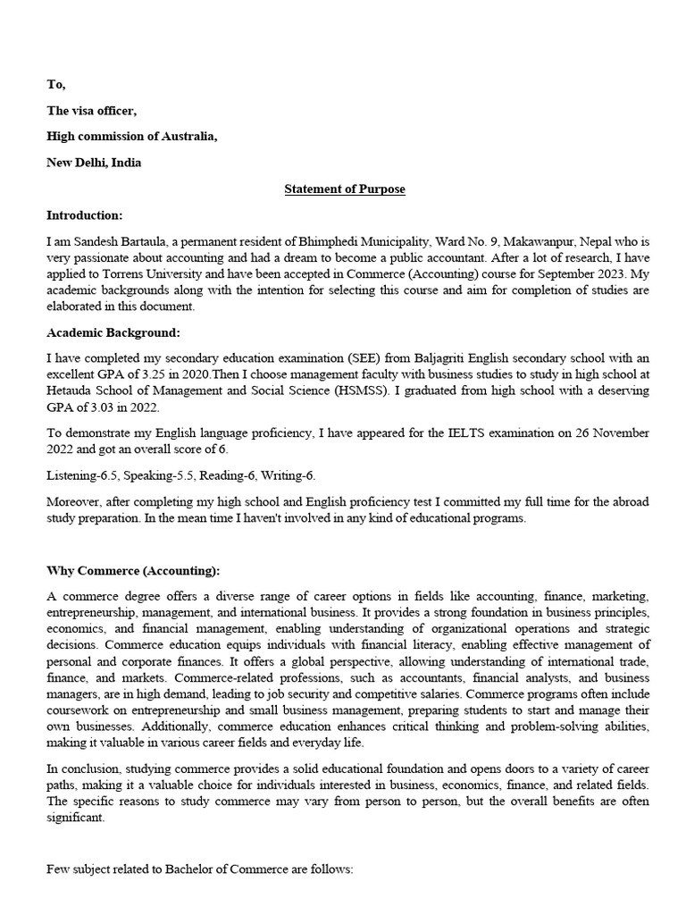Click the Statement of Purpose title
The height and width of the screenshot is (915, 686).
344,189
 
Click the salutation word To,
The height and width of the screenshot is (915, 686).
56,84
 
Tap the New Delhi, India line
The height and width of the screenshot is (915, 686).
94,163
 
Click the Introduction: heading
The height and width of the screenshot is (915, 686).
85,215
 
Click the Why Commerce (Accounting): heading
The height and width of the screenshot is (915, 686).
133,570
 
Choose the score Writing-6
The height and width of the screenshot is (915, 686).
289,475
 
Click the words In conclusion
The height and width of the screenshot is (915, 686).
83,768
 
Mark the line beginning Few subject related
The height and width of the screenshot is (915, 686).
201,868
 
